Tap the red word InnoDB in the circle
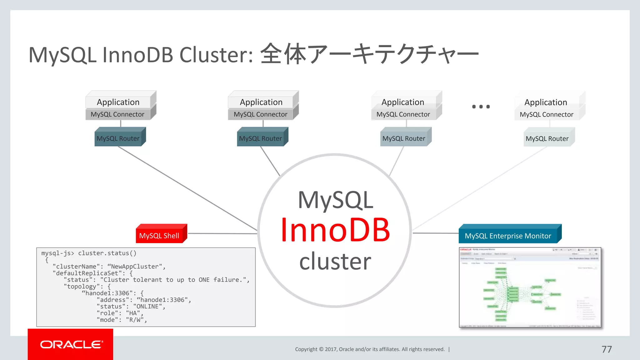point(335,230)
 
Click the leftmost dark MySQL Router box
point(118,138)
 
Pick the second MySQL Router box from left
point(261,138)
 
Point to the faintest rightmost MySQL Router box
point(547,138)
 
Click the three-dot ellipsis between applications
point(481,107)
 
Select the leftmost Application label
point(118,102)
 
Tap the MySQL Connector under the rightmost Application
point(547,114)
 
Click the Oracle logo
point(71,344)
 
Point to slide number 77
point(607,349)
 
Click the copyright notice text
point(370,349)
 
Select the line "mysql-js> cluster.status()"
point(89,253)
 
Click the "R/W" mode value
point(135,320)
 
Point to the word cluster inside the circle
point(335,261)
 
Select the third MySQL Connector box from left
point(403,114)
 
